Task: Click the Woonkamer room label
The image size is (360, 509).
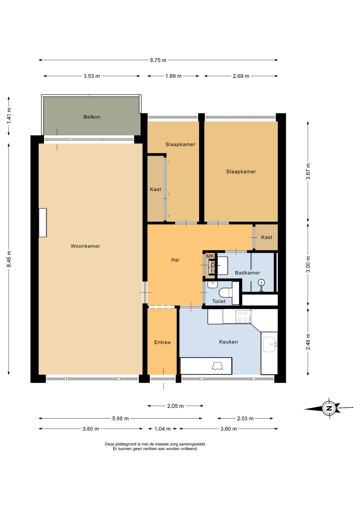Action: click(85, 246)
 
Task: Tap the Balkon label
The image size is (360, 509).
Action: click(92, 117)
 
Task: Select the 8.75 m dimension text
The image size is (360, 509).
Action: click(158, 60)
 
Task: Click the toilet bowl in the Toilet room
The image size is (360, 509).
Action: click(226, 293)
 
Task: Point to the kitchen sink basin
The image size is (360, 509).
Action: click(269, 344)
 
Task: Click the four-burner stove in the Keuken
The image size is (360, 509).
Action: click(243, 316)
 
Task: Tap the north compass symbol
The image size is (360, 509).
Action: click(329, 408)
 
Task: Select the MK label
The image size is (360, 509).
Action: click(210, 256)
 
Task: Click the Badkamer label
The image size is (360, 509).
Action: click(247, 273)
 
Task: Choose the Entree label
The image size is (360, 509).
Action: click(163, 342)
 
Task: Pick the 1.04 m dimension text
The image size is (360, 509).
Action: click(163, 429)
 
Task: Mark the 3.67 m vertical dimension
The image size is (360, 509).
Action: click(308, 171)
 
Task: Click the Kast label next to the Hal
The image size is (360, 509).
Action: click(267, 237)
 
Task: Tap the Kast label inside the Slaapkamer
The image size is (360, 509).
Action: click(156, 189)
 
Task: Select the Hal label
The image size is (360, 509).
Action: click(175, 260)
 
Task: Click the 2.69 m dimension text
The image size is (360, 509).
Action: click(241, 76)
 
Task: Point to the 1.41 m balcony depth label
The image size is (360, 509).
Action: click(9, 116)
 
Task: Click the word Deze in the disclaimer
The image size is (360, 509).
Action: click(110, 444)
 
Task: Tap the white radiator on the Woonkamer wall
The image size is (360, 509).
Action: click(43, 223)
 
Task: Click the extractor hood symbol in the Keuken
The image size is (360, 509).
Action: click(217, 366)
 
